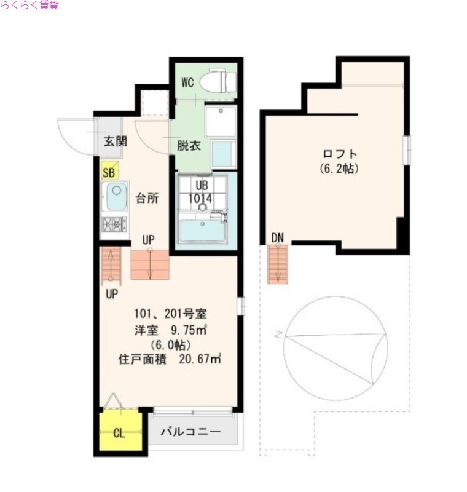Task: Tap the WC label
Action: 188,82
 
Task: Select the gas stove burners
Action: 114,224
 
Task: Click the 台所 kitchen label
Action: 147,198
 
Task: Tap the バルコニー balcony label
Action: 190,432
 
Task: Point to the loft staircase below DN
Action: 278,264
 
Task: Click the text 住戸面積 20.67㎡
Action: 170,359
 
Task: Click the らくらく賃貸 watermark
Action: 29,6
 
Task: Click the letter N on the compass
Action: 278,336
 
